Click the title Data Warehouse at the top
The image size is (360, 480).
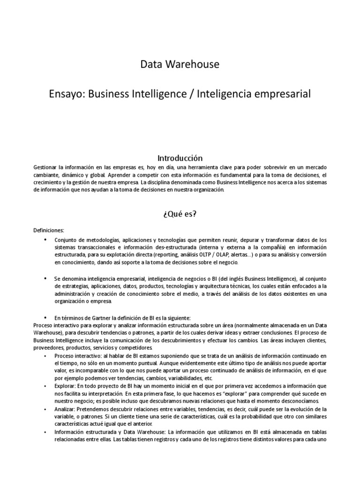tap(180, 64)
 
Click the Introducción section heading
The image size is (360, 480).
tap(180, 158)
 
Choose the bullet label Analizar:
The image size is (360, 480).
tap(67, 409)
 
